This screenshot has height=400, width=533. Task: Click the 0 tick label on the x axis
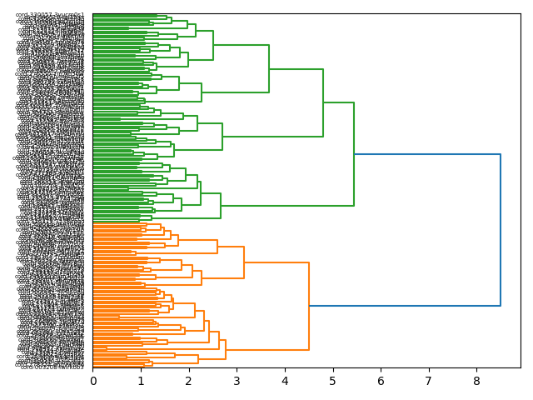(x=93, y=381)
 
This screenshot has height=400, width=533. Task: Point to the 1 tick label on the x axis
(x=141, y=381)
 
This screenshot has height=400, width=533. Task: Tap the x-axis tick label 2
(x=189, y=381)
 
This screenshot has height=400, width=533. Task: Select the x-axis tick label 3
(x=237, y=381)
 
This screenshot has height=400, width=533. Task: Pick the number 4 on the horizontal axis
(x=285, y=381)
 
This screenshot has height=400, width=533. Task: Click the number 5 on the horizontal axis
(x=333, y=381)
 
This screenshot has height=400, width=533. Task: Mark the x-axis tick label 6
(x=381, y=381)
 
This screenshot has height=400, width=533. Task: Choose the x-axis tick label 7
(x=429, y=381)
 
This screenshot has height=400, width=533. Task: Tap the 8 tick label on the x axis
(x=477, y=381)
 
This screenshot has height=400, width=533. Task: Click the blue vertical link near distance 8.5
(x=501, y=230)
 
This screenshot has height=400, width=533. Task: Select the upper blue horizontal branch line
(x=427, y=155)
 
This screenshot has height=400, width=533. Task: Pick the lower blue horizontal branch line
(x=405, y=306)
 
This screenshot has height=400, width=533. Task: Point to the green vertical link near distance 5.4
(x=354, y=155)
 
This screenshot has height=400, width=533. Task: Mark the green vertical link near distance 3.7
(x=269, y=68)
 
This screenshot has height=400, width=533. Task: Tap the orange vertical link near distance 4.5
(x=309, y=306)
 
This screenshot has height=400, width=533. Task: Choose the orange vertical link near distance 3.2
(x=244, y=262)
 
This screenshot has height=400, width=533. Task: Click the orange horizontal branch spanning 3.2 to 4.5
(x=276, y=262)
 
